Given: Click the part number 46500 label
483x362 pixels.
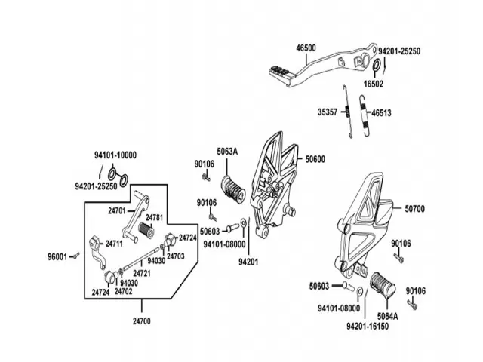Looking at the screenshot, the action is coord(306,48).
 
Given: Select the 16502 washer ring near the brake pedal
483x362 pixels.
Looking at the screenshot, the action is coord(377,66).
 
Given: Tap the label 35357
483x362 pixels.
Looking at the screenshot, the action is coord(328,112).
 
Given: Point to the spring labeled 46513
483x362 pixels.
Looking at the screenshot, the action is coord(365,115).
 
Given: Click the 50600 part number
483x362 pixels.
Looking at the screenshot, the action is coord(315,159).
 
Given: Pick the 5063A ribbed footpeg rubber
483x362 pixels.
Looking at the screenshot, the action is coord(233,189).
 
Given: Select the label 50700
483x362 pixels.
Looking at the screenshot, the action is coord(414,209).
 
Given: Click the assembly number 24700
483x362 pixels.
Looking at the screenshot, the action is coord(142,321).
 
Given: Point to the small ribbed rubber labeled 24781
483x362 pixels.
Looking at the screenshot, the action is coord(146,230).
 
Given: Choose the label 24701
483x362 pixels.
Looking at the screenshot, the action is coord(117,211).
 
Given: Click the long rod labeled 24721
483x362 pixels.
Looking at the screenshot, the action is coord(141,258).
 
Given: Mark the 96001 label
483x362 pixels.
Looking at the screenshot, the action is coord(57,256).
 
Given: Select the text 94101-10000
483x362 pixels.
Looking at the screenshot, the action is coord(115,155).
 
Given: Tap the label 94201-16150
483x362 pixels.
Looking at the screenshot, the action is coord(368,327).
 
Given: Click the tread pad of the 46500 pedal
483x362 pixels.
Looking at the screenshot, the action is coord(281,70).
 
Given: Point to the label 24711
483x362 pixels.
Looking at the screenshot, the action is coord(114,244).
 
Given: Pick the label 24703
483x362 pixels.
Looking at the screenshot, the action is coord(176,256).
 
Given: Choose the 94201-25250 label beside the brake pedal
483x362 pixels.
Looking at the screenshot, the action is coord(399,51).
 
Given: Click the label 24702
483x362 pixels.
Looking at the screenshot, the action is coord(123,291).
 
